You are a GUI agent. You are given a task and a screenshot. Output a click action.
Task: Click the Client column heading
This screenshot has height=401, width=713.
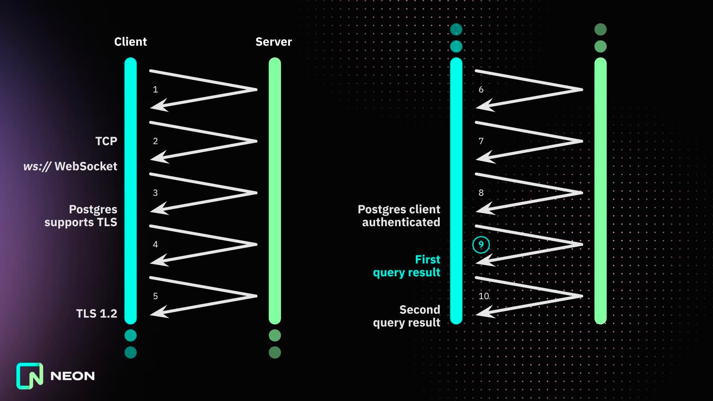point(130,42)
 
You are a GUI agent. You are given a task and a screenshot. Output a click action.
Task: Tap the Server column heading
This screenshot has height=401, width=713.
point(274,42)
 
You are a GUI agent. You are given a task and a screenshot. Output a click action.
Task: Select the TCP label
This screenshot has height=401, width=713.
point(106,141)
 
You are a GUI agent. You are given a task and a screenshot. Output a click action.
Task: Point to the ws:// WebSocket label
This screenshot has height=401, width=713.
point(70,166)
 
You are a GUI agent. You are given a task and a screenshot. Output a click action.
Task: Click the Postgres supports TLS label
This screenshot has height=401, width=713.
point(81,216)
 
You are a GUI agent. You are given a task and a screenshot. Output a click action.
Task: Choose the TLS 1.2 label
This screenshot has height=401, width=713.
point(97,314)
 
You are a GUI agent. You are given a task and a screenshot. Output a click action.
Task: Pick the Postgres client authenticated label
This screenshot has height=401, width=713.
point(399,216)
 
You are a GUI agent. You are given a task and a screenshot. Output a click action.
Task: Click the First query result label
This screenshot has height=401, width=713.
point(407,266)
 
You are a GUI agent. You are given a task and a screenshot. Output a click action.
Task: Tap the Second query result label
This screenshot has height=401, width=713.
point(407,316)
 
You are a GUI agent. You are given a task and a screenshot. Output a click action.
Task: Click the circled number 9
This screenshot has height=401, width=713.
point(481,245)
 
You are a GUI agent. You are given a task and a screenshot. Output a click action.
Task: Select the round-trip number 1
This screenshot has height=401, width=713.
point(155,89)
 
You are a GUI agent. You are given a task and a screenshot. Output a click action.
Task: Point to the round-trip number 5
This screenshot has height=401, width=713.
point(155,296)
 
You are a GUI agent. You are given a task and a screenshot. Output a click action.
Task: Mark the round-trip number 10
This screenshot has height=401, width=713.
point(484,296)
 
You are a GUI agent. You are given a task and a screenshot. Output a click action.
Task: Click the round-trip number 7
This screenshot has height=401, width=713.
point(481,141)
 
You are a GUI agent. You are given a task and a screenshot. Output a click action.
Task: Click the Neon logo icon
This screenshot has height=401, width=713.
point(30,376)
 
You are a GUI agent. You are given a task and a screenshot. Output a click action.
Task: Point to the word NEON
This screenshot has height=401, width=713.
point(72,376)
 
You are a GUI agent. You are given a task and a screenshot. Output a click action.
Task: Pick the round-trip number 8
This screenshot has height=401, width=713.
point(481,193)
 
